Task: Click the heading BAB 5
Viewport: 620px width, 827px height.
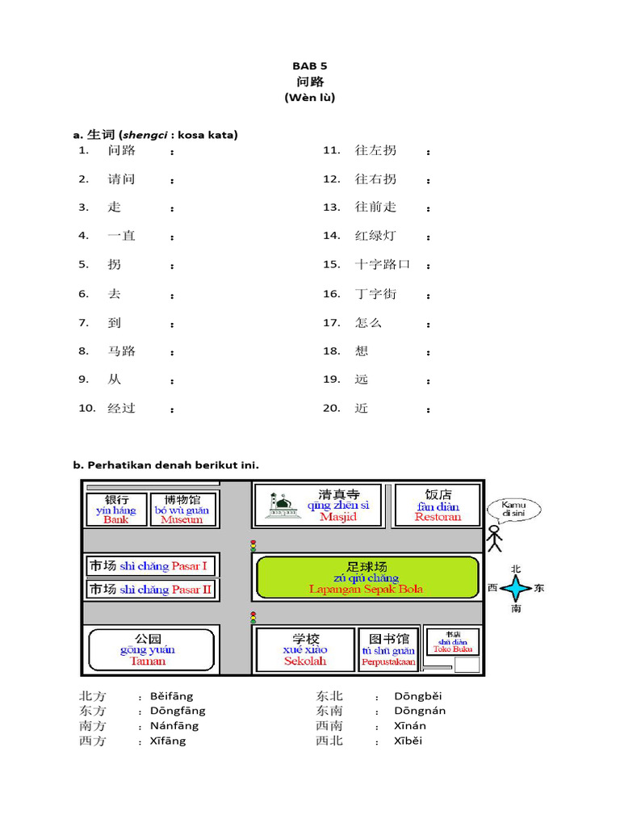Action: [x=309, y=66]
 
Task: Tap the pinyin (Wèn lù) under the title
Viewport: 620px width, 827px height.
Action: [x=309, y=98]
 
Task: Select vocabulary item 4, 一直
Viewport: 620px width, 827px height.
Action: [x=122, y=236]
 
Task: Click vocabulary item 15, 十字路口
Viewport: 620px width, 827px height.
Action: [x=383, y=265]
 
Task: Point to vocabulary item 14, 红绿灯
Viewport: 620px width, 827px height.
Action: [x=375, y=236]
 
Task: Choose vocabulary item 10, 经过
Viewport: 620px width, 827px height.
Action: [x=122, y=409]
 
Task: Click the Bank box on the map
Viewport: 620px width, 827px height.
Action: [x=116, y=510]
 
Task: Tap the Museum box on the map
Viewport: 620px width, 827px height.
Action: [x=182, y=510]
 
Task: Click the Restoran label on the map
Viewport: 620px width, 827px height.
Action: [x=438, y=517]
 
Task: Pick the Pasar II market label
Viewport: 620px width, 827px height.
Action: [x=151, y=590]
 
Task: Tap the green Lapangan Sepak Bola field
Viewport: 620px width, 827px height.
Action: [x=367, y=577]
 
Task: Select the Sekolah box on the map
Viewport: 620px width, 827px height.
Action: [x=305, y=650]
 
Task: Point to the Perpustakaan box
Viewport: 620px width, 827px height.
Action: [x=388, y=650]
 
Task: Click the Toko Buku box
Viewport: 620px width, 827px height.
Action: [x=452, y=641]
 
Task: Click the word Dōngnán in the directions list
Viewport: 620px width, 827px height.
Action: [x=419, y=711]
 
